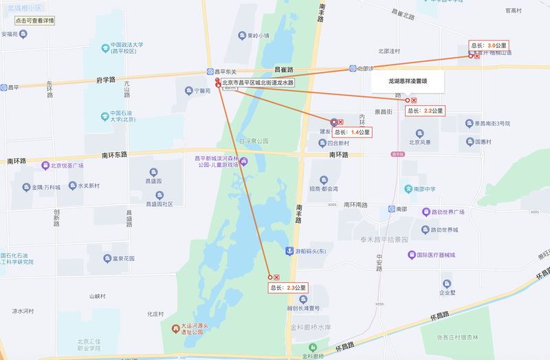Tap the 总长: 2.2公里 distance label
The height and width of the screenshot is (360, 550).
(x=426, y=111)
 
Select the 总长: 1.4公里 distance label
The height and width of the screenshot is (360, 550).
(x=351, y=132)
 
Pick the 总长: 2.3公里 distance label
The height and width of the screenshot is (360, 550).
(x=287, y=288)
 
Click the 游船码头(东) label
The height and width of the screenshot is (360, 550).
(x=310, y=251)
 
